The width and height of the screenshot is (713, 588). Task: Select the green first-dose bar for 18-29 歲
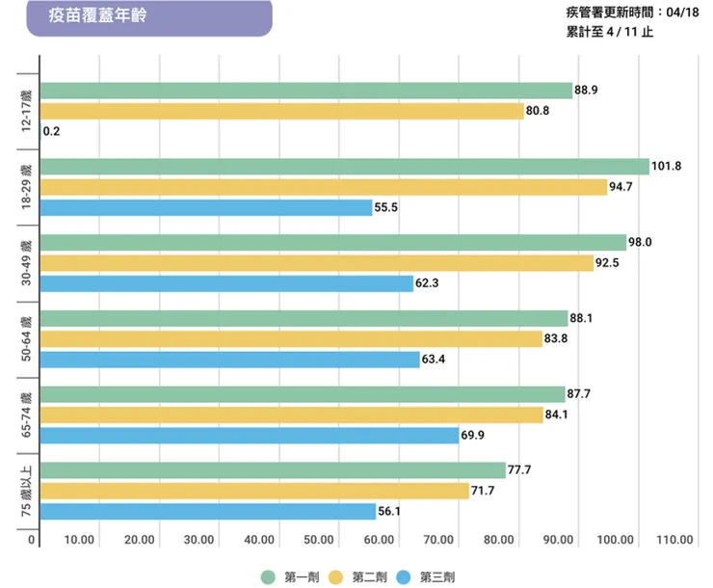tap(345, 167)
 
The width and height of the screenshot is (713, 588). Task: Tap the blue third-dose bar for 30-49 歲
tap(227, 283)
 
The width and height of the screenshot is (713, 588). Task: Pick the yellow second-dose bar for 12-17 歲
tap(282, 111)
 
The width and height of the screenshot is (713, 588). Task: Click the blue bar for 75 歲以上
tap(208, 512)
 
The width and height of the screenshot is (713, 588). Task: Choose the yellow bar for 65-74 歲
tap(292, 414)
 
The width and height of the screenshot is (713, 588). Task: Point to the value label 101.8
tap(667, 166)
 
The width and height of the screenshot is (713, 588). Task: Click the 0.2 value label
tap(53, 132)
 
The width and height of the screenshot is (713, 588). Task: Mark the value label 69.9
tap(473, 436)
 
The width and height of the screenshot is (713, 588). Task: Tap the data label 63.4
tap(435, 360)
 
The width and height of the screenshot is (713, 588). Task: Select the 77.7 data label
tap(521, 470)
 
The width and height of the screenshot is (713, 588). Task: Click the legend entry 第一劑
tap(291, 576)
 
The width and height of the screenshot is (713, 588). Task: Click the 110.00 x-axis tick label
tap(674, 540)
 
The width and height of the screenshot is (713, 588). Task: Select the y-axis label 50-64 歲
tap(28, 338)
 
